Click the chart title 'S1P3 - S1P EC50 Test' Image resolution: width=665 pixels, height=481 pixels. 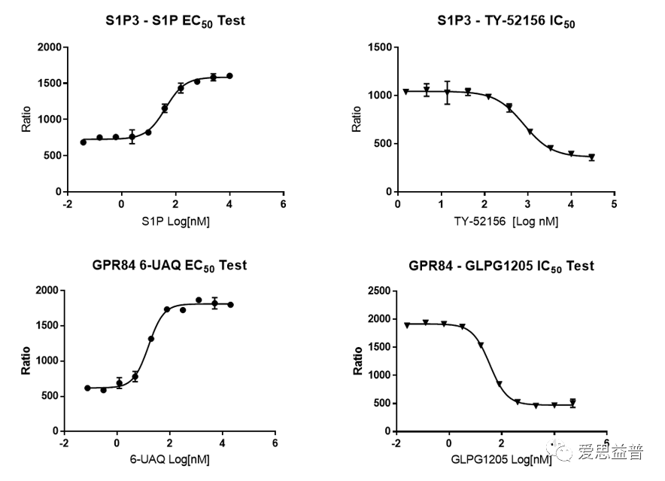[x=175, y=21]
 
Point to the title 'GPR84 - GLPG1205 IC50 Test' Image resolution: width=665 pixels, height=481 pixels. [x=501, y=266]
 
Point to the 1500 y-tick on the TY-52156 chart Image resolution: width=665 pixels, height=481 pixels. [x=378, y=47]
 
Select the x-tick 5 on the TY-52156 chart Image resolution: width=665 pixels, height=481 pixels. [x=614, y=204]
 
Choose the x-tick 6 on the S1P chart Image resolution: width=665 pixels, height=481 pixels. [x=283, y=204]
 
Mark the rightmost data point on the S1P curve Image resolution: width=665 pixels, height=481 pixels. [x=229, y=76]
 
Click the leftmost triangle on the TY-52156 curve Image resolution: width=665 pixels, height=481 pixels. [x=405, y=92]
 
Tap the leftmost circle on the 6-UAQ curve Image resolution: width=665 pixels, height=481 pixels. [x=87, y=388]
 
